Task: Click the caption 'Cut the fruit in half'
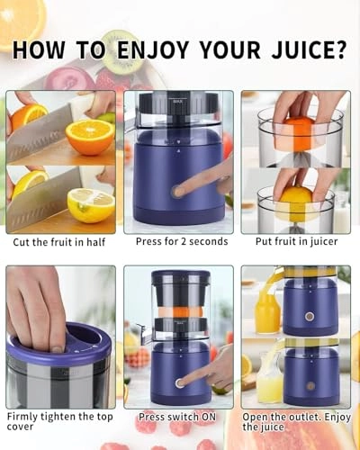[x=59, y=242]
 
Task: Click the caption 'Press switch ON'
[x=177, y=417]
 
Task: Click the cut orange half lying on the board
[x=89, y=138]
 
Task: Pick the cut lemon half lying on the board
[x=91, y=204]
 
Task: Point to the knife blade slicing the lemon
[x=40, y=198]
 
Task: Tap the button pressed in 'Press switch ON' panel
[x=179, y=382]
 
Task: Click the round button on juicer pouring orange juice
[x=309, y=316]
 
